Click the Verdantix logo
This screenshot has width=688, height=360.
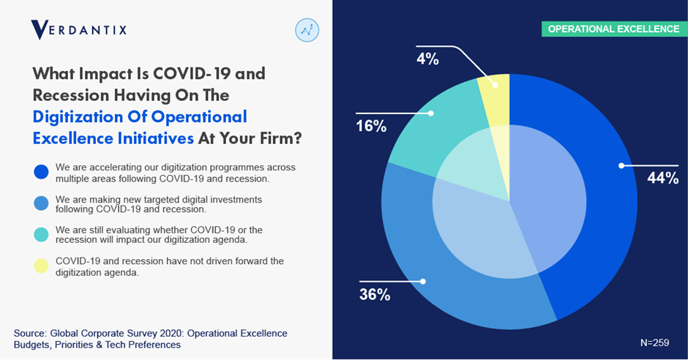tap(78, 30)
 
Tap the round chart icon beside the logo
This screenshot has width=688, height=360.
tap(307, 30)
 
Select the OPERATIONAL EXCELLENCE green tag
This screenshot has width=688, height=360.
tap(613, 29)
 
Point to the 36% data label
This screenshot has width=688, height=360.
tap(374, 295)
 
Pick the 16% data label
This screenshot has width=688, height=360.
tap(371, 126)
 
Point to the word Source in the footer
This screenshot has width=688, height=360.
tap(30, 333)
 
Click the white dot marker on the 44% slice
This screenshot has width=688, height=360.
tap(621, 165)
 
